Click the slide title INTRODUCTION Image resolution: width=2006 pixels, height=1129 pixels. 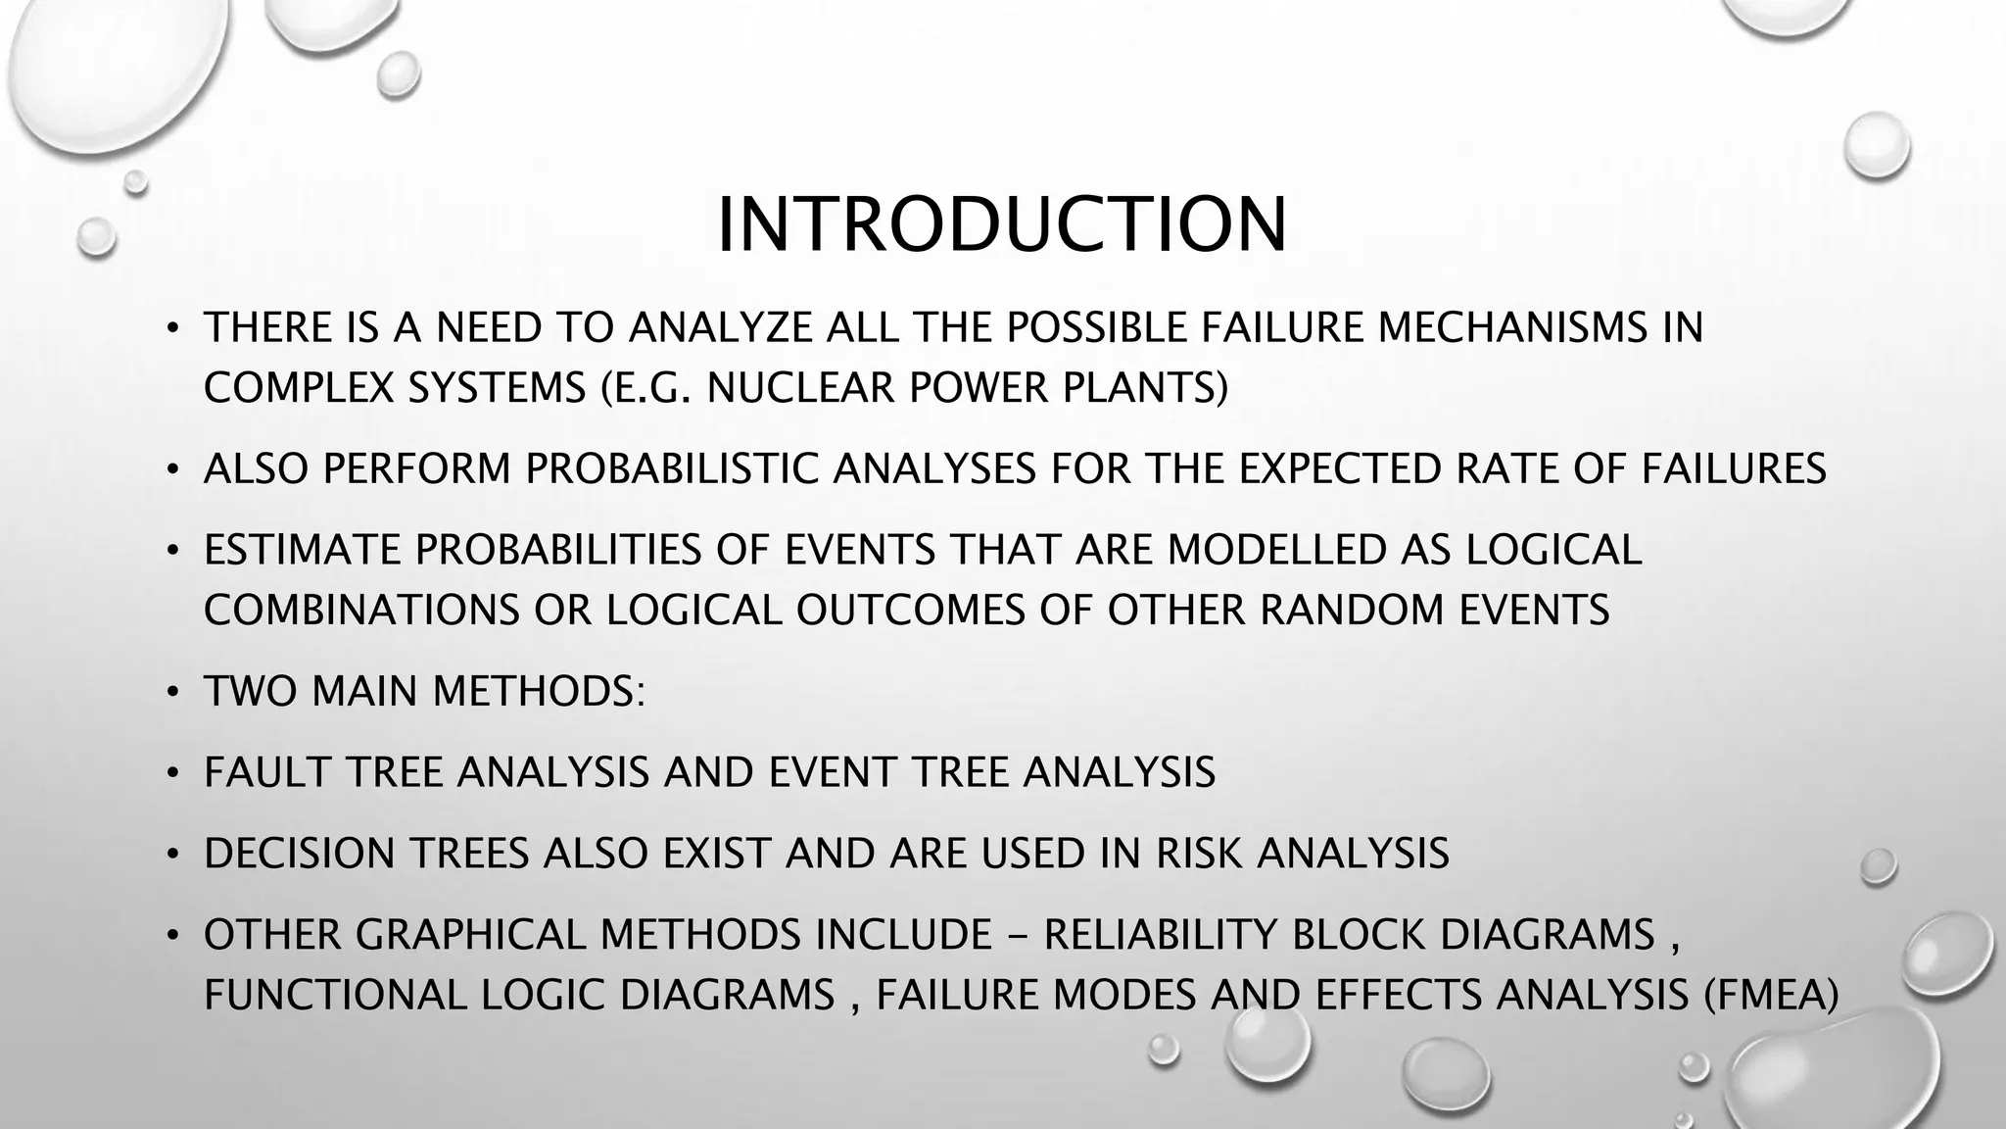pyautogui.click(x=1001, y=225)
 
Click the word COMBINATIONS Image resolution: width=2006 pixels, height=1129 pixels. pyautogui.click(x=361, y=611)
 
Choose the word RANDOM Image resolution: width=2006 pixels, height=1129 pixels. pyautogui.click(x=1351, y=611)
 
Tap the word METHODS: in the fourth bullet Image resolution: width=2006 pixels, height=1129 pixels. pyautogui.click(x=539, y=692)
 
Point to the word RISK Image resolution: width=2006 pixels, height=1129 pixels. pyautogui.click(x=1199, y=854)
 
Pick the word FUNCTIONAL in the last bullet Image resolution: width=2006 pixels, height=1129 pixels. pyautogui.click(x=334, y=996)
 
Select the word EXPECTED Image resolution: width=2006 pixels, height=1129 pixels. pyautogui.click(x=1339, y=469)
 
